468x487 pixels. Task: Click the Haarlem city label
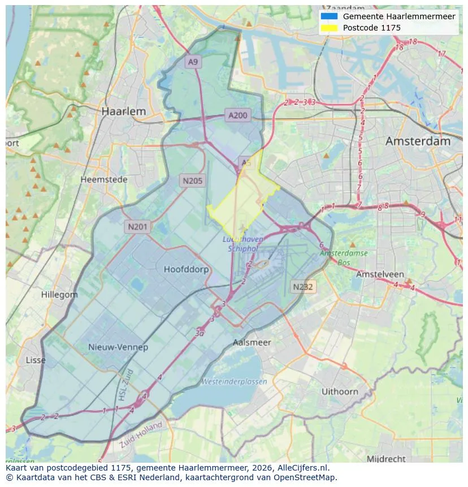123,111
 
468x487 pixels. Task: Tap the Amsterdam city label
418,141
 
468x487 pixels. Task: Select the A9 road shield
193,62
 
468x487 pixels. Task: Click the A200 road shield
237,115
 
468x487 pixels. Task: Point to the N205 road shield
193,181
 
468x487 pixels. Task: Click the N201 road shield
137,227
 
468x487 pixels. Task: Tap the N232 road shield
303,287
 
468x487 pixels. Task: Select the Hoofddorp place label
186,269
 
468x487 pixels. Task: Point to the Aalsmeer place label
252,342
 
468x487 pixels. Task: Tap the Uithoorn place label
340,391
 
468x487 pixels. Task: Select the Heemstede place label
104,179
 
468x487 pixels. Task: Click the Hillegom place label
59,295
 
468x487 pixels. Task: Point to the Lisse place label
36,360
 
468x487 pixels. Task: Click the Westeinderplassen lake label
234,382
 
